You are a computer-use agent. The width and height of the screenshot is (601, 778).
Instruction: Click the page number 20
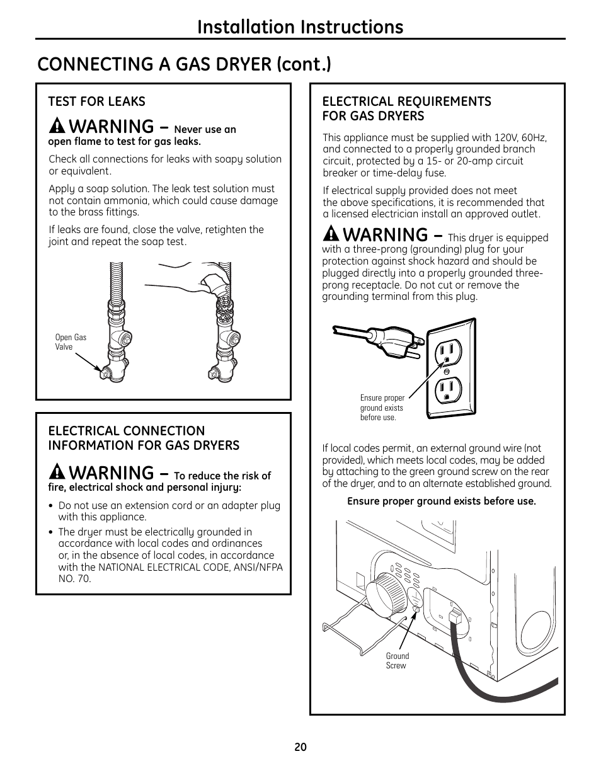coord(300,747)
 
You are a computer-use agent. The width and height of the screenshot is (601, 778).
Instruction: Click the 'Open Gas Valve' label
coord(71,342)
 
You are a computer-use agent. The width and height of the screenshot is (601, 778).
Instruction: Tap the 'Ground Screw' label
coord(397,661)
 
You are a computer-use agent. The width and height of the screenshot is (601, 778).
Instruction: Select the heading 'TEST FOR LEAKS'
coord(96,101)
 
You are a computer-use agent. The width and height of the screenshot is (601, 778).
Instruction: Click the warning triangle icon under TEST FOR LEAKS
coord(57,125)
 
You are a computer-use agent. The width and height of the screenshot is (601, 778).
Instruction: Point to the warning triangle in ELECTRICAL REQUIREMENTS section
coord(331,234)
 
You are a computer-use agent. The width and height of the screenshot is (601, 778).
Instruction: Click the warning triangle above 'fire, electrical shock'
coord(57,472)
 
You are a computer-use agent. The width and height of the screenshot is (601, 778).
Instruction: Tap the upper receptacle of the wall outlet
coord(448,352)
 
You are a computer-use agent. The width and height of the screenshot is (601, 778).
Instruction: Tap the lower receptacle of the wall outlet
coord(448,391)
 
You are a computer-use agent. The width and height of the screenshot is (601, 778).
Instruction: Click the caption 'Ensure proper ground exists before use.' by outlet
coord(382,408)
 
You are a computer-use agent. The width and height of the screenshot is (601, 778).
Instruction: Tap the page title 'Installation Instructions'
coord(300,27)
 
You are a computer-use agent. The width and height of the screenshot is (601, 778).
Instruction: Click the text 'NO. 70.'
coord(74,578)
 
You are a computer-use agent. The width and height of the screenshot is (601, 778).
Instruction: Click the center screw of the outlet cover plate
coord(447,372)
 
